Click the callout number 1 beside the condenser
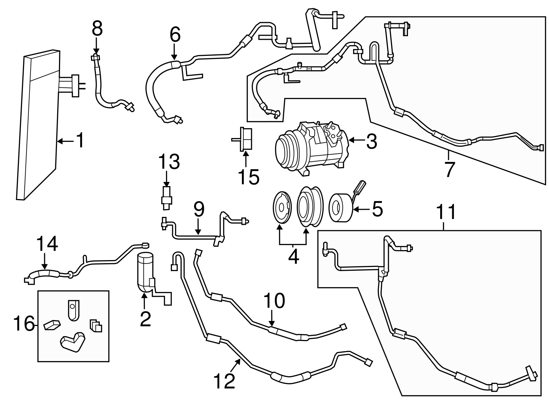80,141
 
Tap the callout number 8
97,29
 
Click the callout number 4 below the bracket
293,256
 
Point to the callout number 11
447,212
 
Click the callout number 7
449,169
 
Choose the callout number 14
47,245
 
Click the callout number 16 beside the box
24,323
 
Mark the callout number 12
224,380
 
